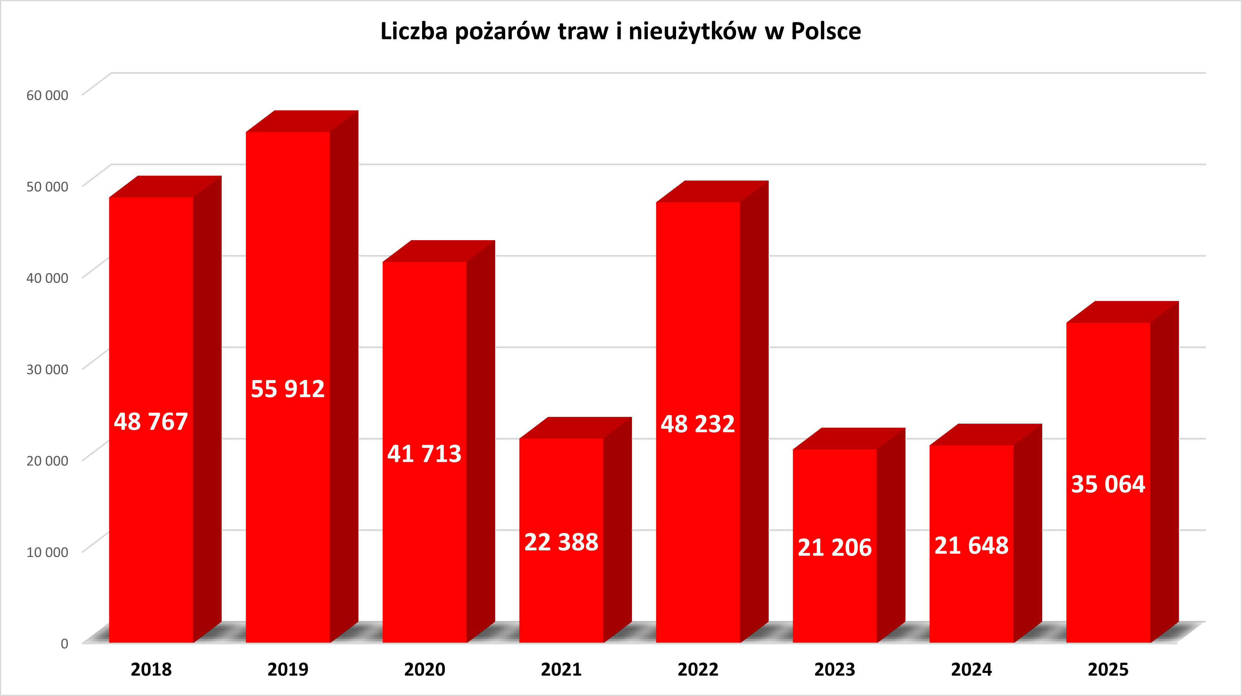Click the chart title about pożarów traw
pyautogui.click(x=620, y=32)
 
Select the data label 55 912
pyautogui.click(x=288, y=389)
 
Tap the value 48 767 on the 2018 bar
pyautogui.click(x=151, y=422)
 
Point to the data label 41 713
pyautogui.click(x=424, y=454)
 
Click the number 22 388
pyautogui.click(x=561, y=542)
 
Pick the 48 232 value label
pyautogui.click(x=698, y=424)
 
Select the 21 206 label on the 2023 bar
pyautogui.click(x=835, y=547)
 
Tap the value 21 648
pyautogui.click(x=971, y=546)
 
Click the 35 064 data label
pyautogui.click(x=1108, y=484)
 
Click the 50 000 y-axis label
pyautogui.click(x=47, y=186)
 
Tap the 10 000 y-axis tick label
pyautogui.click(x=47, y=552)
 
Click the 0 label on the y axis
pyautogui.click(x=64, y=643)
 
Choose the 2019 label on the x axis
pyautogui.click(x=288, y=669)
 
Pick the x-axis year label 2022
pyautogui.click(x=698, y=669)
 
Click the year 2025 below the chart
pyautogui.click(x=1108, y=669)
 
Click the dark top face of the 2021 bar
pyautogui.click(x=576, y=428)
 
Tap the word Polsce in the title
pyautogui.click(x=826, y=32)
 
